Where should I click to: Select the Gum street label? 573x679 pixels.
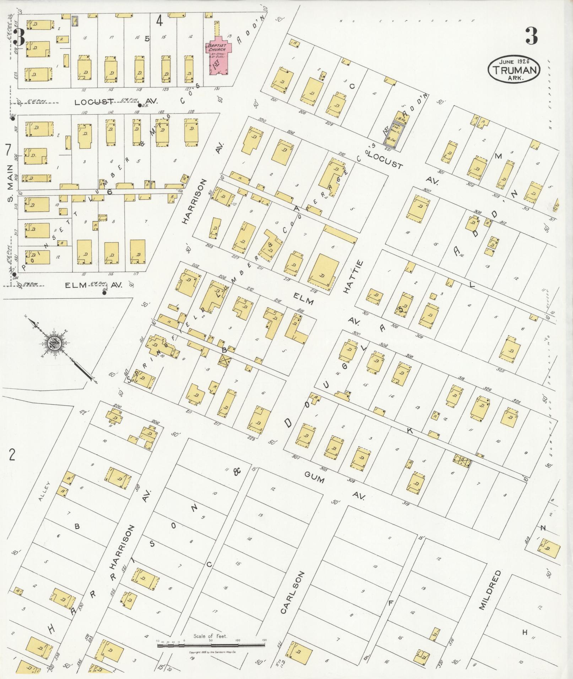(314, 479)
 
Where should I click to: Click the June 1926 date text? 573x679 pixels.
(514, 61)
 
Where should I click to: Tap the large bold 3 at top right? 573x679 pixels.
(531, 36)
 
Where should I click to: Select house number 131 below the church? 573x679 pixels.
(217, 89)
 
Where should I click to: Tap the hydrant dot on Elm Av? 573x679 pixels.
(104, 293)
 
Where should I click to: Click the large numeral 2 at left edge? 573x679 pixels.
(12, 455)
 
